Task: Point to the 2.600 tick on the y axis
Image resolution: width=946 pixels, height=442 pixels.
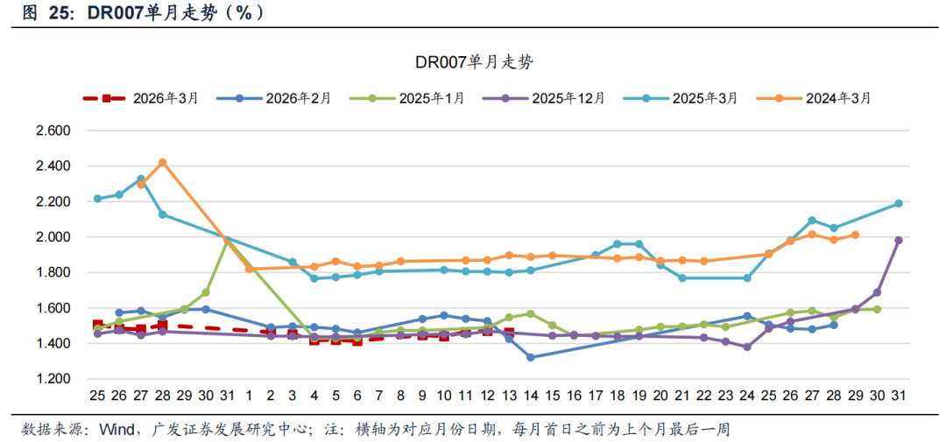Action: (52, 130)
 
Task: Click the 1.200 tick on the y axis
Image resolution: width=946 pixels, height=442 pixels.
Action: (52, 379)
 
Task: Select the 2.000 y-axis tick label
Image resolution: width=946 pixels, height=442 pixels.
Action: (52, 237)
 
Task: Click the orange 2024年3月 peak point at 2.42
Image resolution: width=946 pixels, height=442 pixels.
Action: (162, 163)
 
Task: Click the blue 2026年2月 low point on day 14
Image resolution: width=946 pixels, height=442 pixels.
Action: (531, 357)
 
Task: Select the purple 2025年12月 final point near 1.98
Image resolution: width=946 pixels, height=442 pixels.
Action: (899, 240)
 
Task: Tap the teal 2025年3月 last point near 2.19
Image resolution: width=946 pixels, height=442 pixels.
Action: (899, 203)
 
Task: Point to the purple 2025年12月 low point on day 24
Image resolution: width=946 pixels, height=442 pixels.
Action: (747, 347)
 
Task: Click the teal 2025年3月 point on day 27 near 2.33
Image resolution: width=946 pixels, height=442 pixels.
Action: (141, 179)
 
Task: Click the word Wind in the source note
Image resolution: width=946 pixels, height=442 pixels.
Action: (116, 429)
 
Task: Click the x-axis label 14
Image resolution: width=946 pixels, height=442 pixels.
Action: (531, 395)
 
